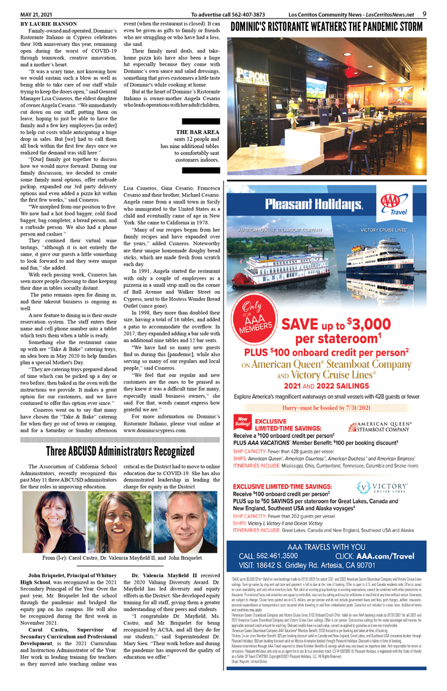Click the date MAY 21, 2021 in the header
click(x=38, y=14)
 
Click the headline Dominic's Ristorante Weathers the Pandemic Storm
click(x=326, y=27)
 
